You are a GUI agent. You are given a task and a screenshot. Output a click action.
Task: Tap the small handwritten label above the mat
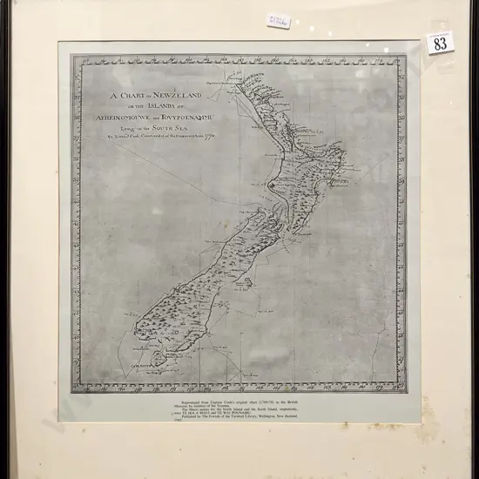279,19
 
